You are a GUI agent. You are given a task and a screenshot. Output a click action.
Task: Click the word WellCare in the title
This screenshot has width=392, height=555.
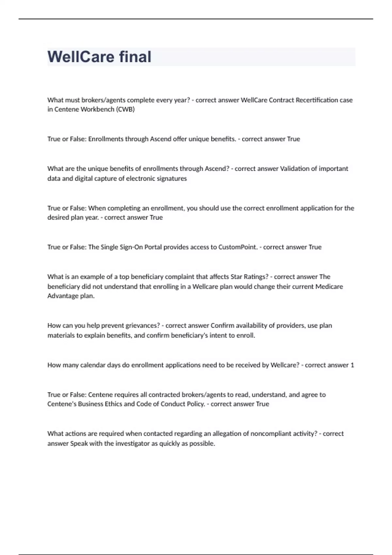[80, 57]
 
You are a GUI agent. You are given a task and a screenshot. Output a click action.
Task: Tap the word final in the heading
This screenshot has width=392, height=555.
[135, 57]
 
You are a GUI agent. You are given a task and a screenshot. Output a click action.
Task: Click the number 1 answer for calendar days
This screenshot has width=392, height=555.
[352, 365]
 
